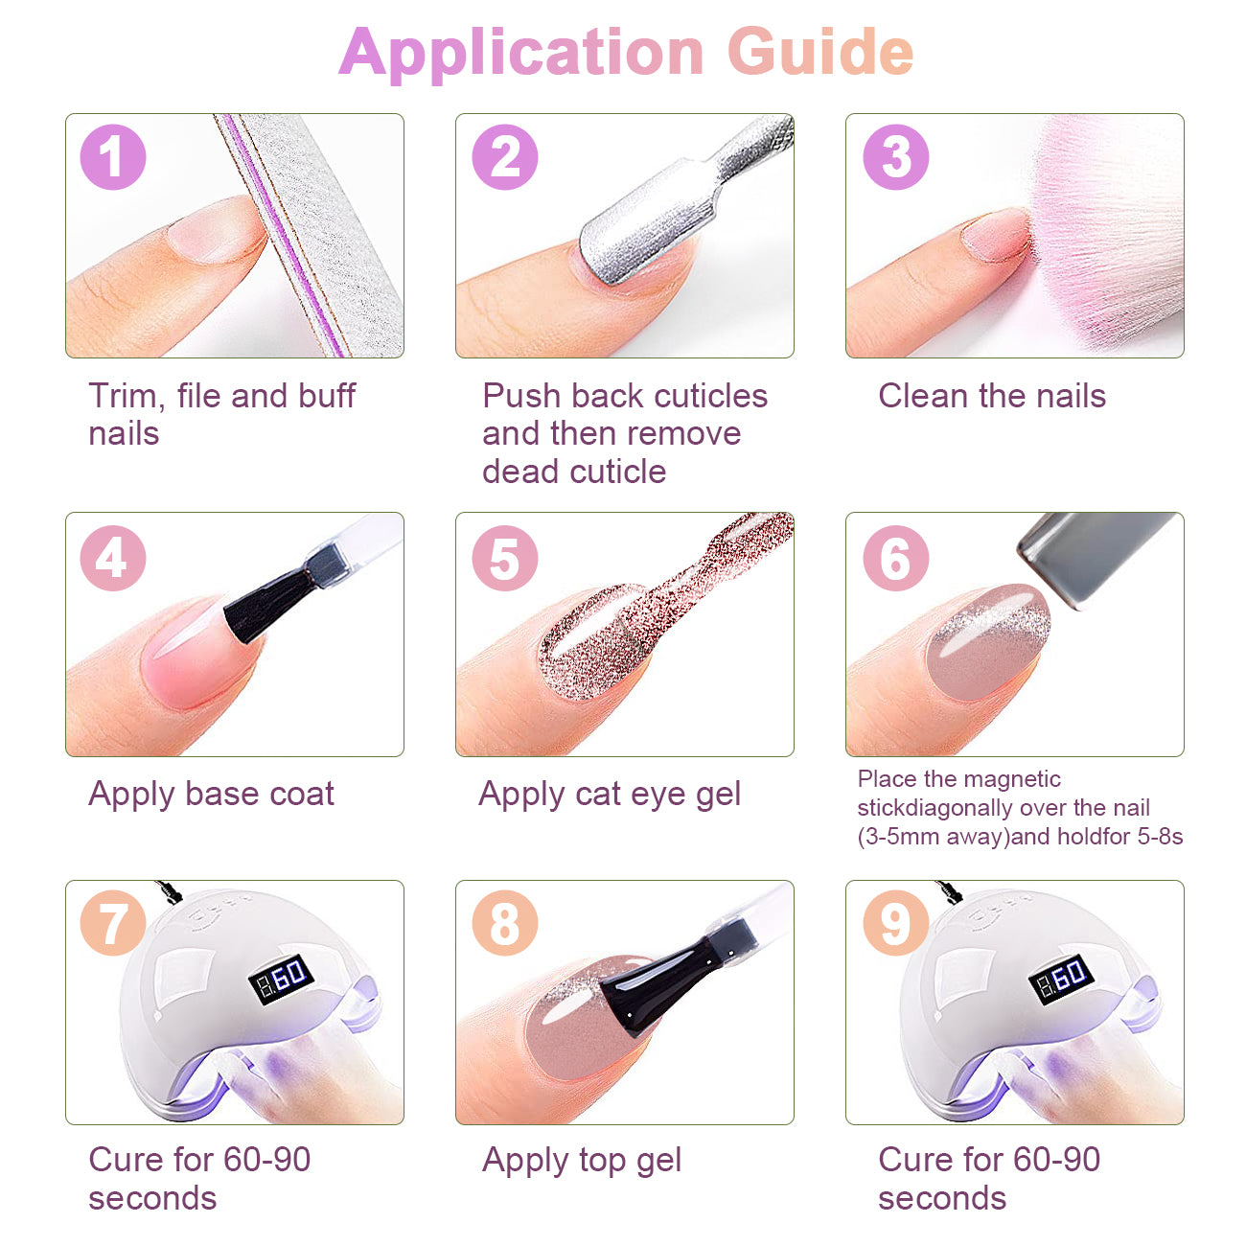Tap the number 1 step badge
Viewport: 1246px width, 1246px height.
[112, 156]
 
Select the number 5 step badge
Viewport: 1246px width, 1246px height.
[504, 558]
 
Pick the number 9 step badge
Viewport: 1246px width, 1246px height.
[895, 923]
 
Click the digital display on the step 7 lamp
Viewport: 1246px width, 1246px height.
[281, 979]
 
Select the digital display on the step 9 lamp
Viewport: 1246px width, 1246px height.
[1061, 979]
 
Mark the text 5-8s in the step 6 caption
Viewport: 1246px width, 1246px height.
[1160, 837]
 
